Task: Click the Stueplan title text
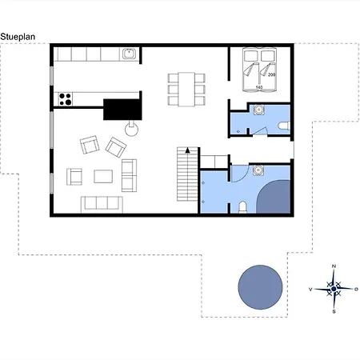(x=18, y=37)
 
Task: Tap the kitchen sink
(x=130, y=54)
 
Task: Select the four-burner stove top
(x=66, y=99)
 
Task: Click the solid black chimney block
(x=122, y=109)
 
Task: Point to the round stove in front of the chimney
(x=132, y=130)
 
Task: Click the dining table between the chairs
(x=186, y=90)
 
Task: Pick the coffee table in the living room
(x=103, y=176)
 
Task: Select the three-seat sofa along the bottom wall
(x=102, y=205)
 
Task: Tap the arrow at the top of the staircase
(x=187, y=150)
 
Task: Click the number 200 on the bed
(x=271, y=75)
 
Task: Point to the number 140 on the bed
(x=259, y=87)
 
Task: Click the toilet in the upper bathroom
(x=284, y=126)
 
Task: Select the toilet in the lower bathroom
(x=242, y=207)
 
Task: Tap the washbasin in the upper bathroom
(x=258, y=110)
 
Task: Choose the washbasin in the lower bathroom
(x=258, y=170)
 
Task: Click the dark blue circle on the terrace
(x=260, y=287)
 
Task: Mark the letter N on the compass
(x=334, y=266)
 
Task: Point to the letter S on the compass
(x=334, y=311)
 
